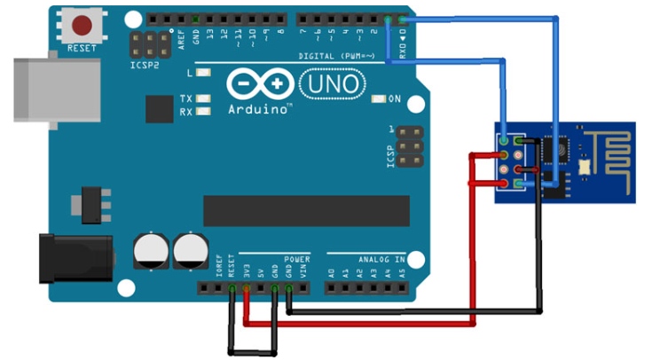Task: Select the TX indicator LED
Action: point(205,98)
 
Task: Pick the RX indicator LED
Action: point(205,112)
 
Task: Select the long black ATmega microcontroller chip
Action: point(306,210)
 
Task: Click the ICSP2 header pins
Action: point(152,44)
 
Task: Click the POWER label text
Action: point(297,259)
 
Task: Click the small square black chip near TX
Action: point(160,109)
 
